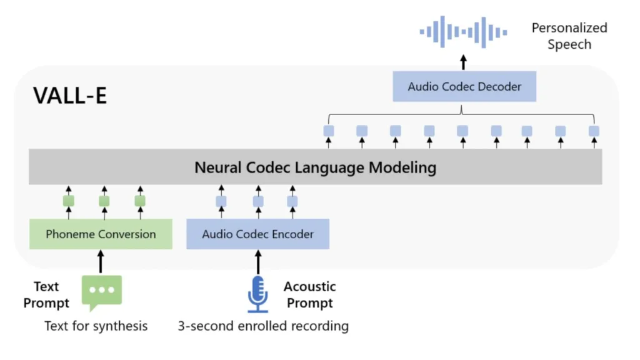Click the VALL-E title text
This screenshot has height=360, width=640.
tap(70, 96)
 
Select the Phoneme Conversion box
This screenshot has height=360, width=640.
tap(101, 234)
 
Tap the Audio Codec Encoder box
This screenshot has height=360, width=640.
tap(257, 234)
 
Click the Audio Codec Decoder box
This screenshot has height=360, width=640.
tap(464, 87)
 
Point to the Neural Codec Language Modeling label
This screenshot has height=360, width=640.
tap(315, 167)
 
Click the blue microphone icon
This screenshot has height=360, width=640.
tap(257, 294)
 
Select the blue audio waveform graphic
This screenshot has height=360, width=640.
tap(462, 31)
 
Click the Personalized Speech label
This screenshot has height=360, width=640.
tap(569, 36)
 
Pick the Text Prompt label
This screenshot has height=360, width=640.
tap(46, 294)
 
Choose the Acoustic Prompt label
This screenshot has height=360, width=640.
tap(309, 294)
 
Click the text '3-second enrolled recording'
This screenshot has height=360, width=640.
tap(263, 326)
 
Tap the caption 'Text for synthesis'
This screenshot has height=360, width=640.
tap(96, 326)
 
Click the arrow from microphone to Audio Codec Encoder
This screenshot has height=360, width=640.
tap(257, 261)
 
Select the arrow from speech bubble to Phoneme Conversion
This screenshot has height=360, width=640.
tap(101, 261)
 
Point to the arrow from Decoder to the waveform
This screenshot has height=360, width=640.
tap(463, 62)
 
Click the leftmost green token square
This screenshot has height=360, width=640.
tap(69, 201)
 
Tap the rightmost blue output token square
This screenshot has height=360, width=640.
tap(594, 131)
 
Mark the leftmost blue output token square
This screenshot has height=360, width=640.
tap(329, 131)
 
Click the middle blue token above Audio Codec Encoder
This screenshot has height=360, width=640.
tap(257, 201)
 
